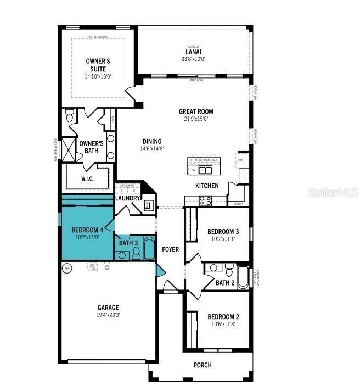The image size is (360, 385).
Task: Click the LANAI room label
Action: click(193, 52)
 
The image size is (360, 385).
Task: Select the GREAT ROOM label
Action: click(196, 111)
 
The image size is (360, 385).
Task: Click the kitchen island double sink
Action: click(205, 170)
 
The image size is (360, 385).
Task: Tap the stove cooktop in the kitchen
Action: click(205, 200)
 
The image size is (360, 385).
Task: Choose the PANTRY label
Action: click(238, 204)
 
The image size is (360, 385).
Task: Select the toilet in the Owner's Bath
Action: click(70, 117)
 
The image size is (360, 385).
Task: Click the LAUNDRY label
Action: click(128, 198)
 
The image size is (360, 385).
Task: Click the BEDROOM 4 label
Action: click(87, 230)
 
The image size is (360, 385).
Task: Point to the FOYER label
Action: click(171, 249)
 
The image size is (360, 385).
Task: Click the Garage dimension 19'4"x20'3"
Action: click(109, 315)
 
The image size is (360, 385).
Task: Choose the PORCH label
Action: click(203, 365)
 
